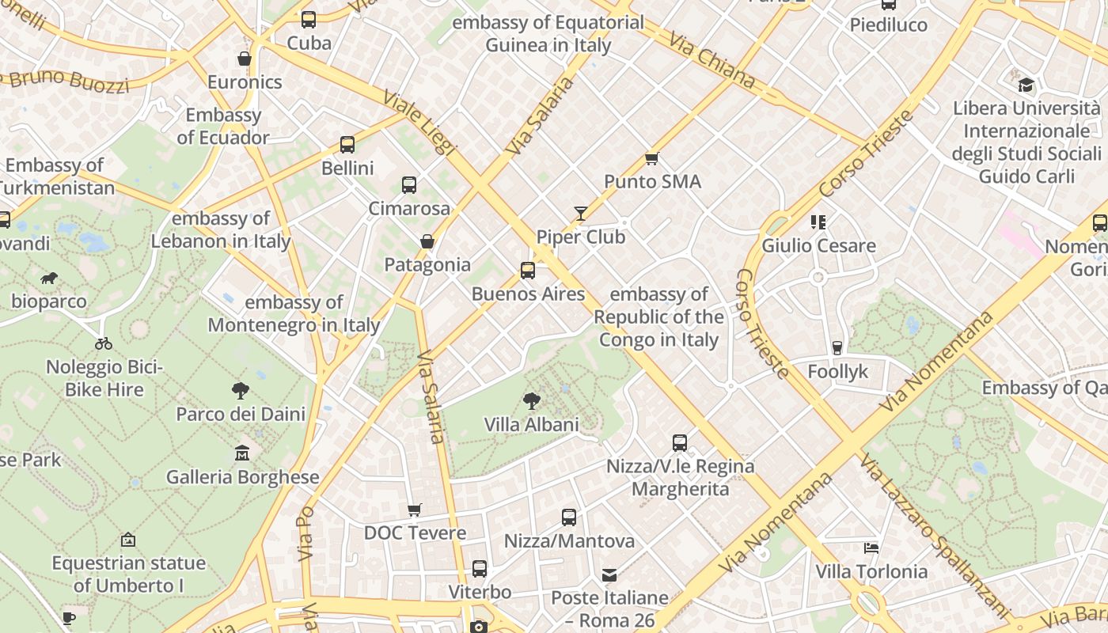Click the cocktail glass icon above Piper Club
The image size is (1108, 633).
581,214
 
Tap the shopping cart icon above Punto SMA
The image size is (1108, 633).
652,159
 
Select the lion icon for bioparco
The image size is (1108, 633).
49,278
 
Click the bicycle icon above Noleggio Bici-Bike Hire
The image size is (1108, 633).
104,343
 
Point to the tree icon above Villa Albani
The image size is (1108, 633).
531,401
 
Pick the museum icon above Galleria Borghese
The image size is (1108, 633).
242,453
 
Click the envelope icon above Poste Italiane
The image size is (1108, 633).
609,574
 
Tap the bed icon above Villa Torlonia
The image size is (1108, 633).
871,548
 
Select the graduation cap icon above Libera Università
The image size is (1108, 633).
1026,85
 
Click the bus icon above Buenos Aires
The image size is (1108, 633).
528,271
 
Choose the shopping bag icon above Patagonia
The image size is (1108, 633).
427,241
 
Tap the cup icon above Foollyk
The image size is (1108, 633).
837,348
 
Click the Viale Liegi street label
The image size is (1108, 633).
420,123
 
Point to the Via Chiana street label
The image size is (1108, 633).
711,59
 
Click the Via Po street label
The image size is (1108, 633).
305,534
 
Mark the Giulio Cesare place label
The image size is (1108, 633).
818,245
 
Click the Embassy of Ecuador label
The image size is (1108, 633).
223,127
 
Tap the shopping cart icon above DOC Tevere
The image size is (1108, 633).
415,510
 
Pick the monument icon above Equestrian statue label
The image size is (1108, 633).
128,540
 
